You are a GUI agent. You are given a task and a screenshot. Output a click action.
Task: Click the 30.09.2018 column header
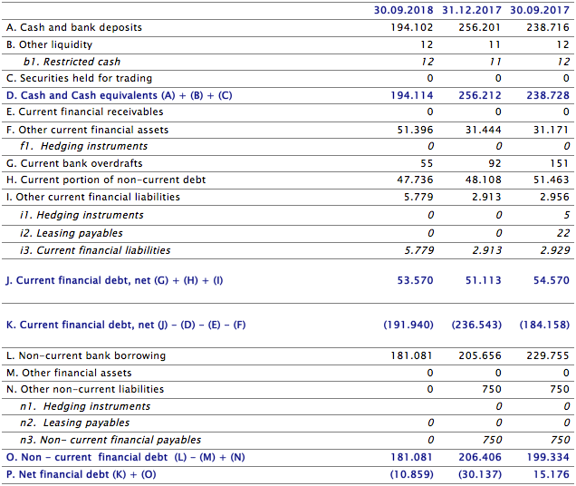click(403, 10)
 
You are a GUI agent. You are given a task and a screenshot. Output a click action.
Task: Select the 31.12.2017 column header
click(471, 10)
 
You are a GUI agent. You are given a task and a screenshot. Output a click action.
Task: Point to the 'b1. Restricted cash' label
click(72, 62)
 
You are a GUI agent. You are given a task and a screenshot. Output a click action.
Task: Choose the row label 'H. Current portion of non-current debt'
click(106, 180)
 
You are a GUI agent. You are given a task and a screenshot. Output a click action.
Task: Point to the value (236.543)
click(475, 325)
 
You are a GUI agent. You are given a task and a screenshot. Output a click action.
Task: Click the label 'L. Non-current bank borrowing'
click(86, 355)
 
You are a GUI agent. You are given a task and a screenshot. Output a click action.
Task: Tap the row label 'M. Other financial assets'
click(69, 373)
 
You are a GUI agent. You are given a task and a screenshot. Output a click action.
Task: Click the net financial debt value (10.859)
click(408, 474)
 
